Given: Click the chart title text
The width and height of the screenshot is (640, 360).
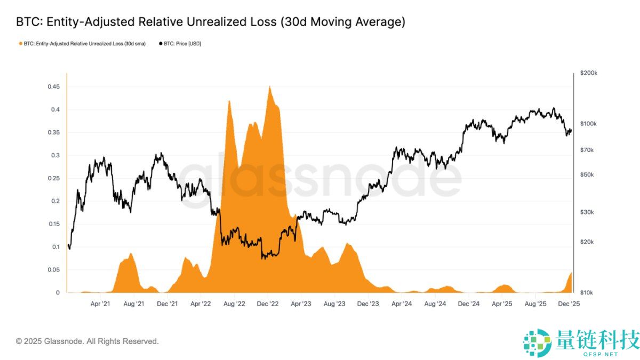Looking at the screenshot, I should coord(210,22).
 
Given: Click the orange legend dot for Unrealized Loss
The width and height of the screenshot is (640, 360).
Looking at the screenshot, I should coord(20,44).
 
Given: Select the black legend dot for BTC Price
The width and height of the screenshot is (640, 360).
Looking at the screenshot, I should coord(161,44).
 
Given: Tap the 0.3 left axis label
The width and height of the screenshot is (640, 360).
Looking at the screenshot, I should coord(55,156).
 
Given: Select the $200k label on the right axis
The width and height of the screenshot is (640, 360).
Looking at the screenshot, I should coord(588,73).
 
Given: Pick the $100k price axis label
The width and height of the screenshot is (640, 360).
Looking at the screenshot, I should coord(588,124).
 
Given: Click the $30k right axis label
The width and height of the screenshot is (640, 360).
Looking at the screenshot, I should coord(587,212).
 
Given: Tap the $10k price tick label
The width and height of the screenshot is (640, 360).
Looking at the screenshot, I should coord(587,293).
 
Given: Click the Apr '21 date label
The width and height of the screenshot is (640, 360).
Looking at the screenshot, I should coord(100,303).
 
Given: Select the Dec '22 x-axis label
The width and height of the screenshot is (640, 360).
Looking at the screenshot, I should coord(268,303).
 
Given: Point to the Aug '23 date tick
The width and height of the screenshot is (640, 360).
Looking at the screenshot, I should coord(334,303).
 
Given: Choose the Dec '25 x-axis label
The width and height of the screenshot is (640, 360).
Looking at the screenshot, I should coord(569,303).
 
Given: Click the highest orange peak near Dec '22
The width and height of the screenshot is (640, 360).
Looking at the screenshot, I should coord(270,87).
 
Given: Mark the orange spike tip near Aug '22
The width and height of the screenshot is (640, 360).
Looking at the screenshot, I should coord(229,101).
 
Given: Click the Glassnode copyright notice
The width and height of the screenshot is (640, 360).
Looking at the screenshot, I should coord(87,341).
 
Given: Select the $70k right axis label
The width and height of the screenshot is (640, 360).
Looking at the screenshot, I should coord(587,150).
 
